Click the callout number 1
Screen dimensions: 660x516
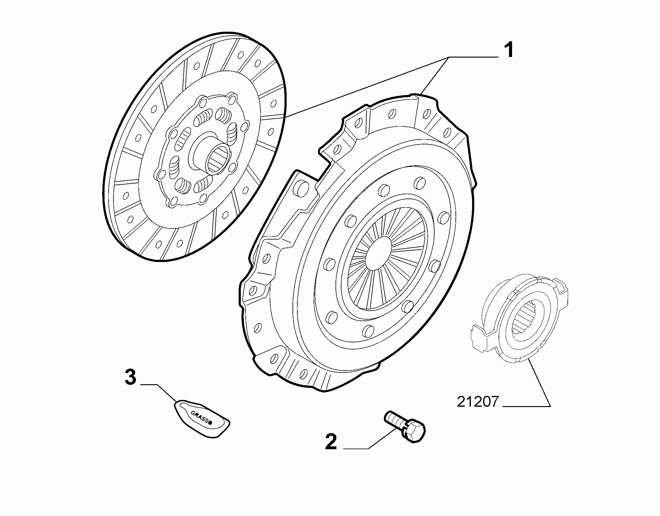508,50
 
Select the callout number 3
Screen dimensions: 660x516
130,377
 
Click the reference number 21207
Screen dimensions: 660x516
477,402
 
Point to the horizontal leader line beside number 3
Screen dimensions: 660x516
149,385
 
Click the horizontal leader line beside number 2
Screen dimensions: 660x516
356,449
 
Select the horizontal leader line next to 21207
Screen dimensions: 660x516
527,407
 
